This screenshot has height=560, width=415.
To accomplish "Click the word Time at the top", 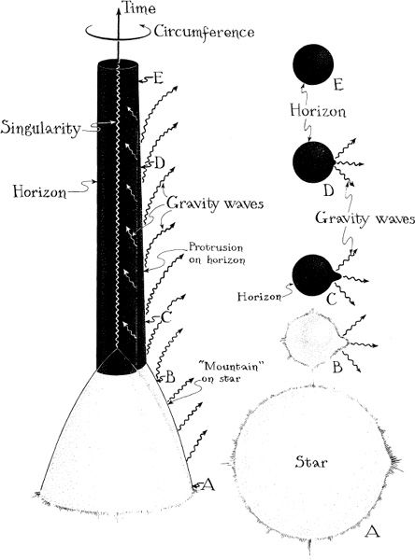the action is click(x=139, y=7).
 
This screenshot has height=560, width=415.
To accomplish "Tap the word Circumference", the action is click(x=205, y=33).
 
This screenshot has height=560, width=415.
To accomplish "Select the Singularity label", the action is click(x=40, y=128).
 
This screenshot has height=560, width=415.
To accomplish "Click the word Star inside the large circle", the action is click(x=311, y=462).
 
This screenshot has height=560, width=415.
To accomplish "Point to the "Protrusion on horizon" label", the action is click(x=217, y=253).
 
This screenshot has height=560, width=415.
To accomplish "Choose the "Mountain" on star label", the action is click(x=228, y=372).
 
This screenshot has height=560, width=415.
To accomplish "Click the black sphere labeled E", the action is click(x=313, y=64).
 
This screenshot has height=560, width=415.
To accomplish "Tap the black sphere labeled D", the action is click(x=314, y=162).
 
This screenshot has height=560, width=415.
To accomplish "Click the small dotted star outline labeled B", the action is click(x=313, y=340).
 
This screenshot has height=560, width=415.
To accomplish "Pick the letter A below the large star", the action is click(x=372, y=531).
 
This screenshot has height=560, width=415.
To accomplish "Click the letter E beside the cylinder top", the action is click(x=158, y=77).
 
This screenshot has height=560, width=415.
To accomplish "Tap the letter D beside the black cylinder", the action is click(x=159, y=163).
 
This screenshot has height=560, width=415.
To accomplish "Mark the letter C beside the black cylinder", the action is click(x=166, y=316).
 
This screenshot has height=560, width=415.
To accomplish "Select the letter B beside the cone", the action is click(x=170, y=377).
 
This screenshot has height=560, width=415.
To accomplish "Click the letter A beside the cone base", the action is click(x=208, y=484).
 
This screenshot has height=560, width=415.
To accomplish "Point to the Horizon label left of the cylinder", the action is click(x=39, y=191).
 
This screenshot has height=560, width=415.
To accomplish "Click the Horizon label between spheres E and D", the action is click(x=318, y=111).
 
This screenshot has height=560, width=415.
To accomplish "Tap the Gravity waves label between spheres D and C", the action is click(x=365, y=217).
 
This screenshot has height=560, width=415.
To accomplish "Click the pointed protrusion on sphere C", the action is click(x=336, y=275).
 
